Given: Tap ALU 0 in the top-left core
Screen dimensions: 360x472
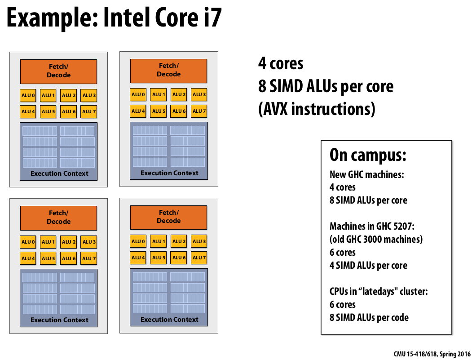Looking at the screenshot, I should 28,95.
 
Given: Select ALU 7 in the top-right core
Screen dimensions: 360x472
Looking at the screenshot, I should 199,111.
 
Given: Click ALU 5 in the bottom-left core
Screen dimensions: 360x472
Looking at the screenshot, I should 48,258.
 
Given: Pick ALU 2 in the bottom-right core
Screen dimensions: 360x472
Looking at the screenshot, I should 178,241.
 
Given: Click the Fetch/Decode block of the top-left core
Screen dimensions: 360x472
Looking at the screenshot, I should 58,71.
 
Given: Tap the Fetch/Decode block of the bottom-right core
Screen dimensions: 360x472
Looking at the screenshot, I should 168,217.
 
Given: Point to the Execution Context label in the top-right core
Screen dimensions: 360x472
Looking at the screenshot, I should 169,173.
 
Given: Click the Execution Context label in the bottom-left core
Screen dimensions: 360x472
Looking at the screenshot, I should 59,320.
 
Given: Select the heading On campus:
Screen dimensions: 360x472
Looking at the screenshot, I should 368,155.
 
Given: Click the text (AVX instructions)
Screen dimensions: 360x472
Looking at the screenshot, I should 317,109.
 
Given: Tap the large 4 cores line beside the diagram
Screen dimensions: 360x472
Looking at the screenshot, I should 281,63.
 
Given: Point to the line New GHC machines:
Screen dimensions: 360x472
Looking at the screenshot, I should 366,174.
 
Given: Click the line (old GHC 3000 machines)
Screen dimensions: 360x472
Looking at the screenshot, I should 376,239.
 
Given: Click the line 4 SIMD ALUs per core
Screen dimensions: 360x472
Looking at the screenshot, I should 368,265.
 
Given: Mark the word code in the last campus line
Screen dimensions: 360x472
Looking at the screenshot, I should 399,318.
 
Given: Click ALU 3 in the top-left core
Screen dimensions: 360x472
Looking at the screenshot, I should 89,95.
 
